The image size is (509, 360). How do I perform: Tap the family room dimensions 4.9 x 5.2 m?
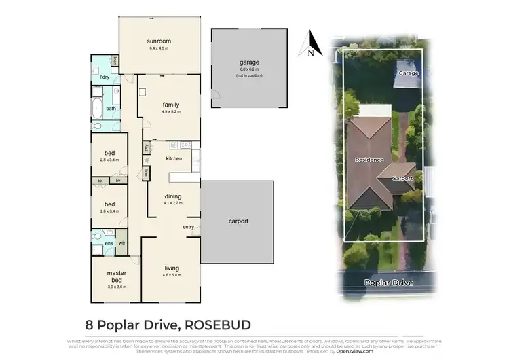170,111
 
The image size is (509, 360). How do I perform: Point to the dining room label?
172,197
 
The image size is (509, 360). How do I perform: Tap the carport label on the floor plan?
238,221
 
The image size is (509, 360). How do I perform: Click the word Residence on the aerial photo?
370,160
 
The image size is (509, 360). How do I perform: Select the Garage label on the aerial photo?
407,72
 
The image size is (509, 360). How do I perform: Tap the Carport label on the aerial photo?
403,178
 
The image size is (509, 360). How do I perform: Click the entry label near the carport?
189,226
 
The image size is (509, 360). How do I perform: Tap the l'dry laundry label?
105,77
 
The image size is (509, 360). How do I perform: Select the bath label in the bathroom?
111,108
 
